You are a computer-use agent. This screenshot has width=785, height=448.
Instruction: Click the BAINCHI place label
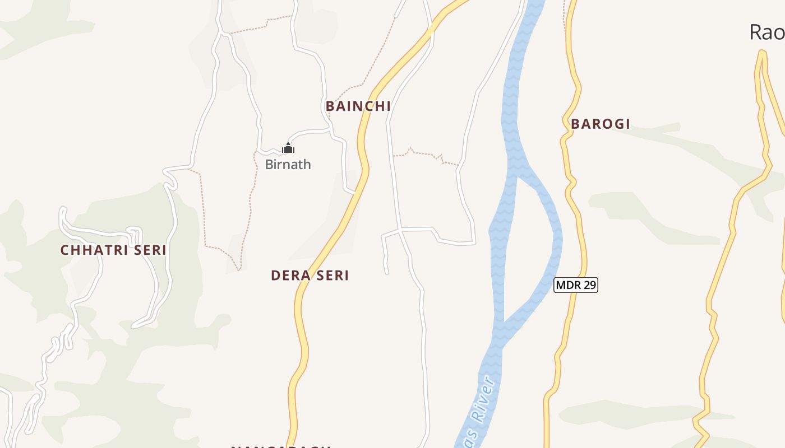click(358, 106)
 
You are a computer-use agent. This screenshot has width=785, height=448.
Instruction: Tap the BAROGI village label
click(601, 124)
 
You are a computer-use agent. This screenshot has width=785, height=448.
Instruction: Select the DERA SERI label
click(310, 276)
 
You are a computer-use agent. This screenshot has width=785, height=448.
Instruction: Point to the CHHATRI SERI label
click(113, 250)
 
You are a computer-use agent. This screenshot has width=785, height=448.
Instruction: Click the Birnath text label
click(288, 165)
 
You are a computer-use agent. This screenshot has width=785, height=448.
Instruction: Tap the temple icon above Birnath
click(288, 148)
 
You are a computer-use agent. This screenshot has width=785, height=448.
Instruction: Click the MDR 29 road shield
click(576, 285)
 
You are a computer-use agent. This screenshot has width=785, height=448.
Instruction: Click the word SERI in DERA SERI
click(331, 276)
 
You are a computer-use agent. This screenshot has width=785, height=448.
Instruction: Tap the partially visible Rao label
click(766, 32)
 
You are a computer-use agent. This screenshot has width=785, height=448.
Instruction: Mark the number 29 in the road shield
click(588, 285)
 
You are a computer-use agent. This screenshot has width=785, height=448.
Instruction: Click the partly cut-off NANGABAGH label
click(280, 446)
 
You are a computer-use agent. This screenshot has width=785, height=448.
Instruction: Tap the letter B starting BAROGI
click(575, 124)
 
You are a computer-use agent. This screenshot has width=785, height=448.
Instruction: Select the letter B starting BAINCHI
click(330, 106)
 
